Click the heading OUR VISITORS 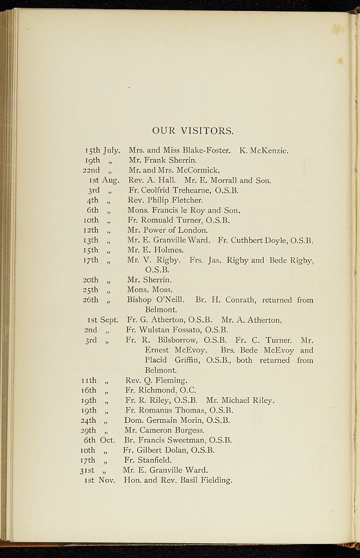tap(193, 131)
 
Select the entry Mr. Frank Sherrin tap(162, 160)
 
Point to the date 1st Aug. tap(104, 180)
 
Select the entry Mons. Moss tap(150, 289)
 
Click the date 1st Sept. tap(102, 320)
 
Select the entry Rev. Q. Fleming tap(156, 380)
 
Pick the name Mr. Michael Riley tap(240, 401)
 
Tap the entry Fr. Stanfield tap(148, 460)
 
